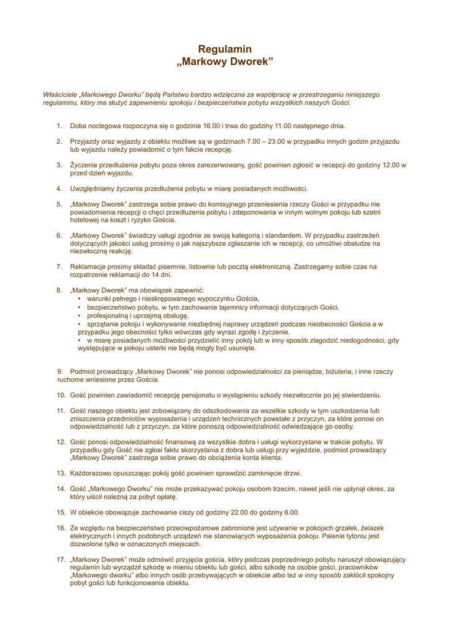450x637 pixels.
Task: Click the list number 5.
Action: pos(60,204)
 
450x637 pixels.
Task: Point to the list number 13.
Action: pos(61,473)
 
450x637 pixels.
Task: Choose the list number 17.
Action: pos(61,559)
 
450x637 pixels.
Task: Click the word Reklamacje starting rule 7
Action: pos(90,267)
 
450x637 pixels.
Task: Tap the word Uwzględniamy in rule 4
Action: pos(93,188)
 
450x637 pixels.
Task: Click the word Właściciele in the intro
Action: pos(60,95)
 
